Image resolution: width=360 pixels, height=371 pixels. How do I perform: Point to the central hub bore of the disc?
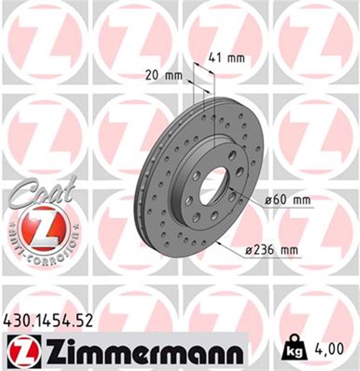[214, 184]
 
